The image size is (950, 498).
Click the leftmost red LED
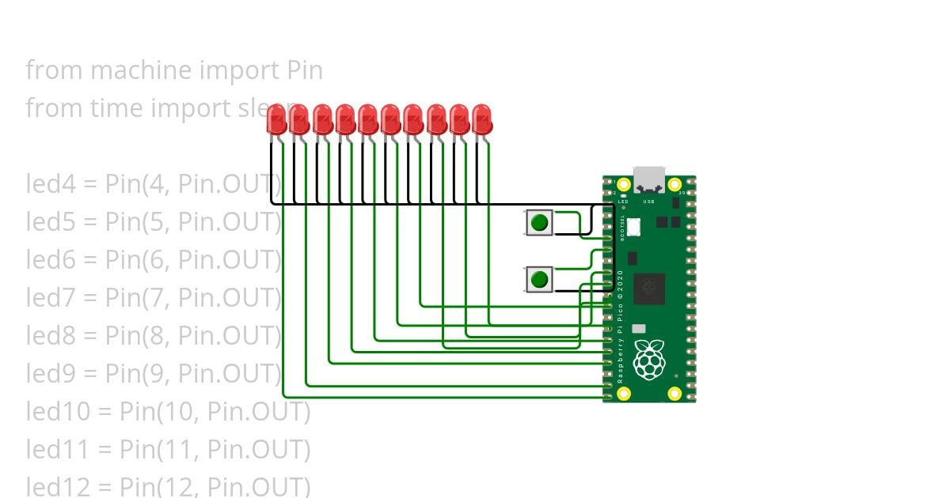click(276, 120)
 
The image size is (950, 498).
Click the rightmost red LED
click(482, 120)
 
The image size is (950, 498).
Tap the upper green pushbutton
click(539, 222)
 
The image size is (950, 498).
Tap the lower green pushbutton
click(539, 279)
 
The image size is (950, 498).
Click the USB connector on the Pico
click(649, 179)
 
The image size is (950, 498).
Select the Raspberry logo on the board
click(649, 360)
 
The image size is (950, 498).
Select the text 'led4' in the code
click(49, 185)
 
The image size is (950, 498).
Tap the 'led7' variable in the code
click(49, 298)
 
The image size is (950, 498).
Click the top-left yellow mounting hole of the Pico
click(624, 185)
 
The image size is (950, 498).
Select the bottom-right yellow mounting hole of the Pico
click(674, 393)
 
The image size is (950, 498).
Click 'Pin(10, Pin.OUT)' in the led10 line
click(215, 412)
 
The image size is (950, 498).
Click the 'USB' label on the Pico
click(649, 202)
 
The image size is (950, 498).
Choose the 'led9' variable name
click(49, 374)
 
